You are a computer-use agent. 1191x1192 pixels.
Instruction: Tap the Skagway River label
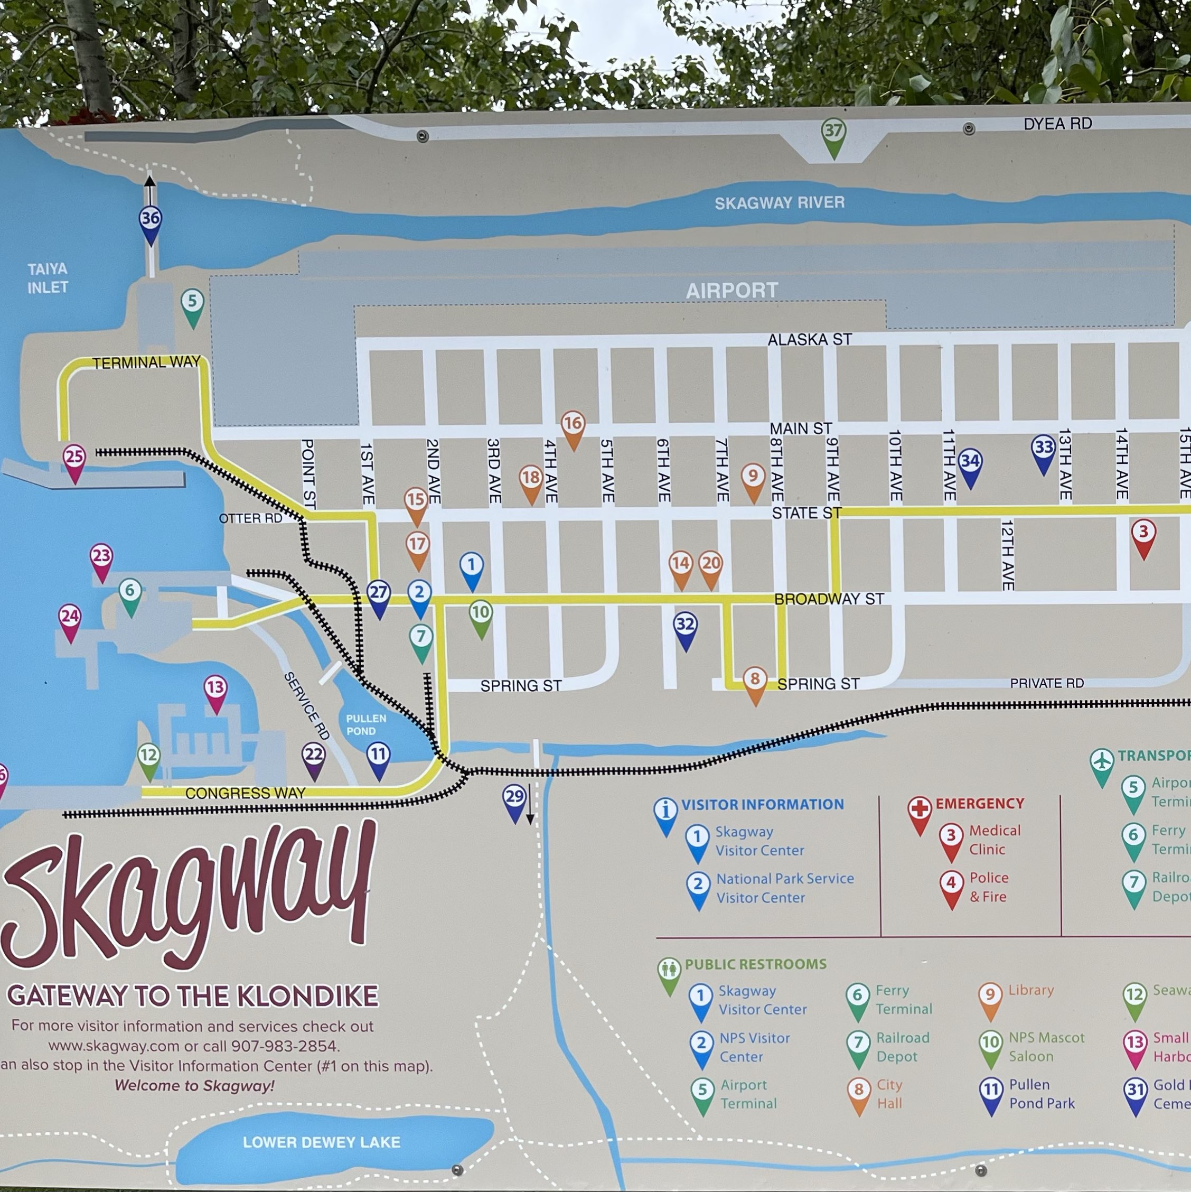click(779, 202)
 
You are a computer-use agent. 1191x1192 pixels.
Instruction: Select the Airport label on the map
click(732, 290)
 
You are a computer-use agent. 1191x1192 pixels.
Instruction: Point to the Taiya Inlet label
click(48, 278)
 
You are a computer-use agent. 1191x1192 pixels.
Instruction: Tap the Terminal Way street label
click(146, 362)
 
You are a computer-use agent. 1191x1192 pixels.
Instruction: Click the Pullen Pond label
click(365, 724)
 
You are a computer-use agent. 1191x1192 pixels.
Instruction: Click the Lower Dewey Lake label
click(321, 1142)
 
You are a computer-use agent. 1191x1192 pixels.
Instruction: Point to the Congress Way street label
click(245, 793)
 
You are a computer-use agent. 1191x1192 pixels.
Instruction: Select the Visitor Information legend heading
click(762, 805)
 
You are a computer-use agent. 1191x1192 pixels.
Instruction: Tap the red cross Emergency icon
click(919, 809)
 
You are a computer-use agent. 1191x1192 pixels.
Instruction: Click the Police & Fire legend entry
click(988, 887)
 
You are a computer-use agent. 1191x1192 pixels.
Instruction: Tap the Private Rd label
click(1046, 683)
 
